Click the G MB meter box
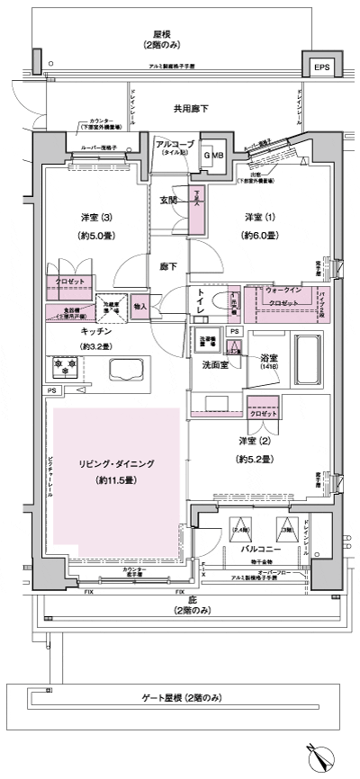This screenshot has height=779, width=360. (214, 155)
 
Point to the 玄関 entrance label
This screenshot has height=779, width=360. (168, 201)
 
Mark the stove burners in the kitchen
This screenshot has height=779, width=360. (66, 368)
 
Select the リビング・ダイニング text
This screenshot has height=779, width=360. (115, 465)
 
